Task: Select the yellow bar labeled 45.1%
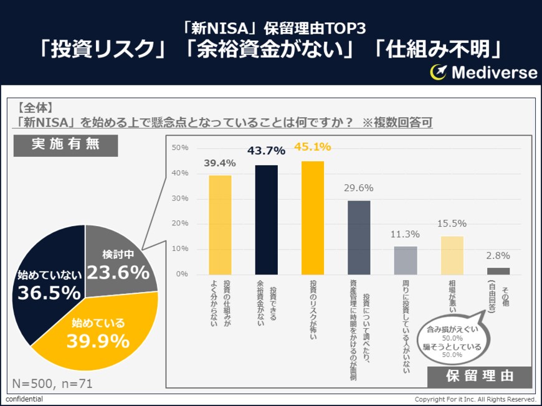(313, 217)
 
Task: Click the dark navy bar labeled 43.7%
(266, 219)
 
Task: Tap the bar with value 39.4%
(220, 224)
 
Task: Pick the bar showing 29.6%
(359, 237)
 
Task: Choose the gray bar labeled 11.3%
(406, 260)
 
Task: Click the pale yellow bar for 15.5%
(452, 255)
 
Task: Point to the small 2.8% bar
(498, 270)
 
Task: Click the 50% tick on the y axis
(180, 148)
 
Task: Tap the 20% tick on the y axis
(180, 224)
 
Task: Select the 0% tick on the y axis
(181, 274)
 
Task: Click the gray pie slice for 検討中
(118, 262)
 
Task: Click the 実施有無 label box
(65, 144)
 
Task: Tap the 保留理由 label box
(480, 377)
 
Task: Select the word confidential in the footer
(24, 399)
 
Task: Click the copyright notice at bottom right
(475, 399)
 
